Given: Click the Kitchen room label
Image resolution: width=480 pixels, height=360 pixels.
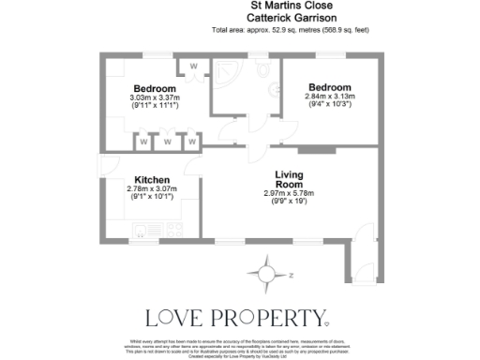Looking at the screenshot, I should [x=151, y=179].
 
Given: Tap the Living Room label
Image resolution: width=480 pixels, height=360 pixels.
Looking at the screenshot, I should [x=289, y=180].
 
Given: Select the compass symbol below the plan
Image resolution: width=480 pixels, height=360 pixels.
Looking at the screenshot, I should [x=266, y=275].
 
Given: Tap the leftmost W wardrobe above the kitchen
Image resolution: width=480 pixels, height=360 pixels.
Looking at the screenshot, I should [x=144, y=142].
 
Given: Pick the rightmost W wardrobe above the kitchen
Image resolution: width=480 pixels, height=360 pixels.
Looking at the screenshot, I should [x=190, y=142].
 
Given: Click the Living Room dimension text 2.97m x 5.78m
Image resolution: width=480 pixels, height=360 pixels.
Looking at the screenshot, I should [x=289, y=194].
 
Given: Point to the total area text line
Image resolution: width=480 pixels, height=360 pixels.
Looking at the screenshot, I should [x=291, y=30].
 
